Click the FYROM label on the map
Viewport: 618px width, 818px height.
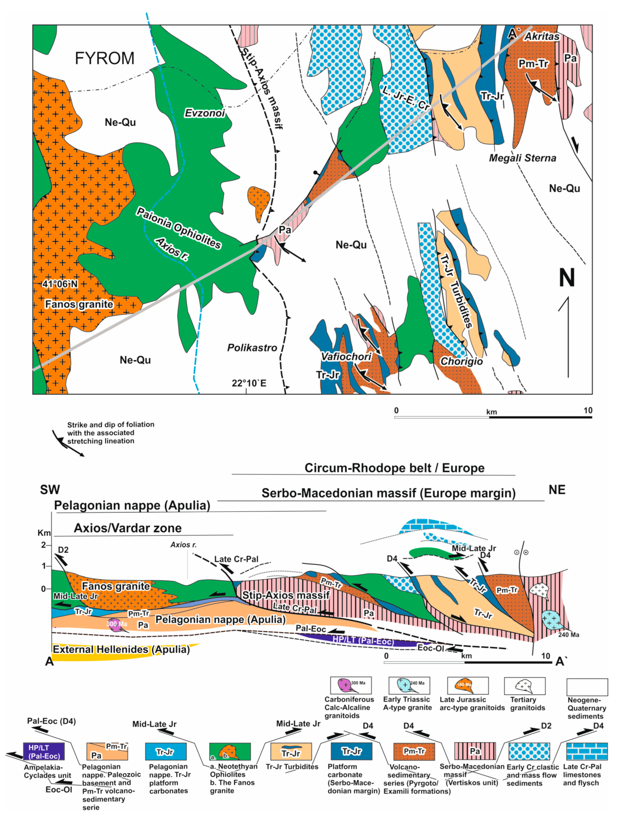[104, 58]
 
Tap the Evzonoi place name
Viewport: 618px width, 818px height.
[205, 113]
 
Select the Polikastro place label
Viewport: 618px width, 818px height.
[252, 348]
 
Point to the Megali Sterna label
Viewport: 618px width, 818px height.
[522, 158]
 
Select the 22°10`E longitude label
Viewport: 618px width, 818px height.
[249, 383]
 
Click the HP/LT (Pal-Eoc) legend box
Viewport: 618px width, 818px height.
[44, 752]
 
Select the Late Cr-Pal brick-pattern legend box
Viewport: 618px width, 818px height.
[587, 752]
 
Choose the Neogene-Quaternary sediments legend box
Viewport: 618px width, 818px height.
[587, 687]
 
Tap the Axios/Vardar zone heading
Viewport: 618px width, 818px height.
[128, 528]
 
